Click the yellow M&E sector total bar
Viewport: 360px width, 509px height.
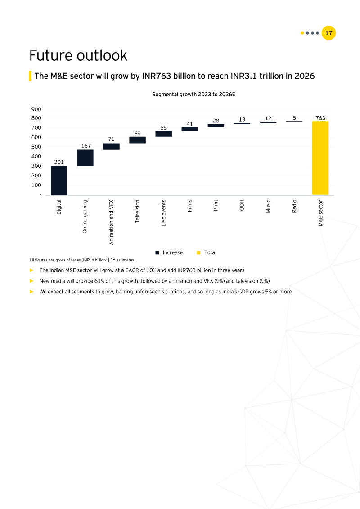[320, 158]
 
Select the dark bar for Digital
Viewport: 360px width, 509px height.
[59, 180]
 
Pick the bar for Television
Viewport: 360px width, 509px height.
[137, 140]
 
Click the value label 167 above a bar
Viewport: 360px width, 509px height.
[86, 146]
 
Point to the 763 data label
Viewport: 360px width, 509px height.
[320, 118]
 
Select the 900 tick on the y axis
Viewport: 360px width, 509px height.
[36, 109]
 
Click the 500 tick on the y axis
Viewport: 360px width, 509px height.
[36, 147]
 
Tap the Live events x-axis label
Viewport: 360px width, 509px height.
[164, 212]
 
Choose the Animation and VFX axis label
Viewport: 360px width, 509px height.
[111, 222]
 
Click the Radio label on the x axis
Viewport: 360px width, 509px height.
[294, 207]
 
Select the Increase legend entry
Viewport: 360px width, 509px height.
[169, 252]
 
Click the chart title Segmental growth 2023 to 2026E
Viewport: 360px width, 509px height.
[193, 95]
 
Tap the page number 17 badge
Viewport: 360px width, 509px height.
[329, 33]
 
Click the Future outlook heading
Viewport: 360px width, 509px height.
[78, 55]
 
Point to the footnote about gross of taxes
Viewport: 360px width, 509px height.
[81, 260]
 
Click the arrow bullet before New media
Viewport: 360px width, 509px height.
[31, 281]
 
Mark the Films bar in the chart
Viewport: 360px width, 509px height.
[189, 129]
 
